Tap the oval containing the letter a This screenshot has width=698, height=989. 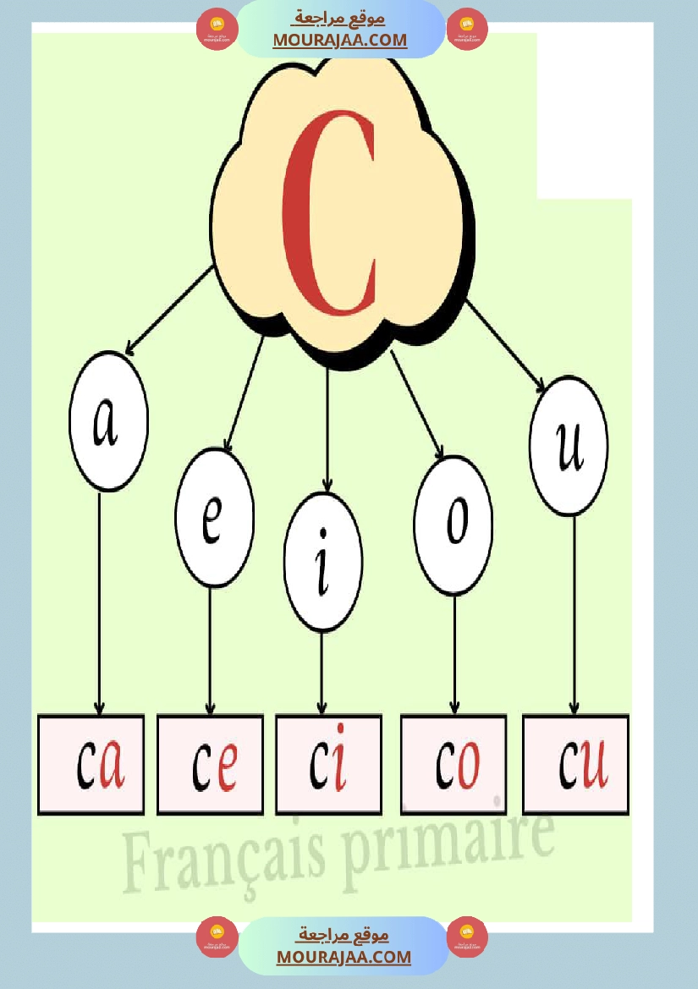tap(108, 421)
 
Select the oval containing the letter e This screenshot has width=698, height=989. tap(214, 518)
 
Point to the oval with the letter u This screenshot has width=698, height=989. tap(568, 446)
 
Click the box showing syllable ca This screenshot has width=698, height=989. tap(91, 764)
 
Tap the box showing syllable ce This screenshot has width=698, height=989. tap(210, 764)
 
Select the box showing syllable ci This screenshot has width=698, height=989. tap(328, 764)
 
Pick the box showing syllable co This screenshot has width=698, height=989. tap(453, 764)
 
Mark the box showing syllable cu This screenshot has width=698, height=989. tap(575, 764)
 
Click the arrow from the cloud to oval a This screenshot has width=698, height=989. tap(168, 310)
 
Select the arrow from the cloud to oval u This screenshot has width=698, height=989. tap(505, 347)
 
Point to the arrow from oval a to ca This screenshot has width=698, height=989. tap(100, 601)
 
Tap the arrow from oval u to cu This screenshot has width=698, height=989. tap(574, 613)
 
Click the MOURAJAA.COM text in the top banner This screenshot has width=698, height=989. tap(340, 40)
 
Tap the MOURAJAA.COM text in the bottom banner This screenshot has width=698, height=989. tap(344, 957)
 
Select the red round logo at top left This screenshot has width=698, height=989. tap(217, 30)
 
